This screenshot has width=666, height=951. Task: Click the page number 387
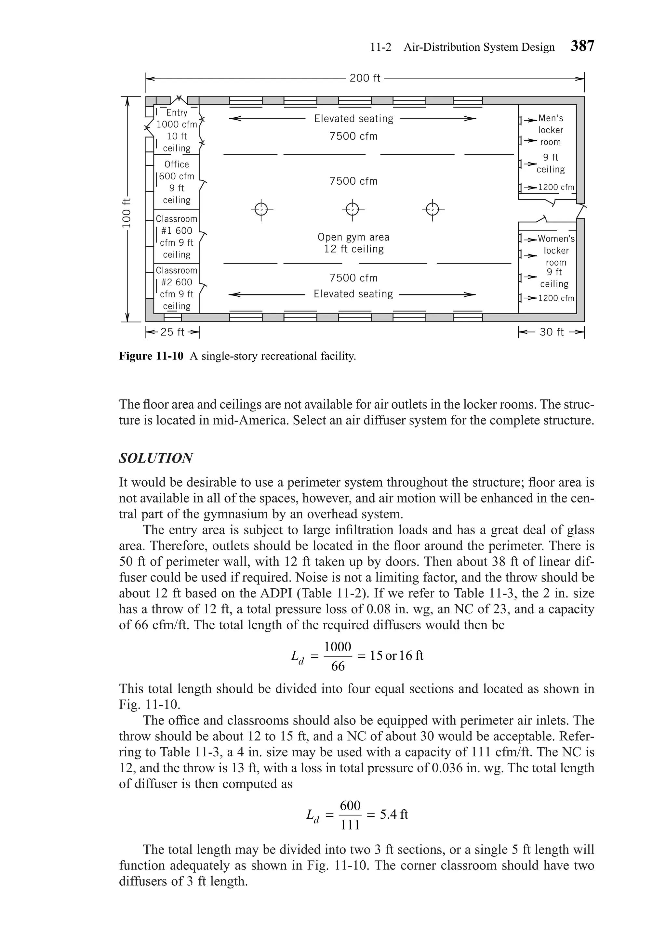click(x=582, y=46)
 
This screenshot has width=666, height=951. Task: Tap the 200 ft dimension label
click(x=365, y=78)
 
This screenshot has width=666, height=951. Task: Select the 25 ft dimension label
click(x=172, y=332)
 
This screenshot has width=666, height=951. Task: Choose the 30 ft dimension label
click(x=551, y=332)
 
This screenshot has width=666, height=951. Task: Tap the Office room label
click(x=177, y=164)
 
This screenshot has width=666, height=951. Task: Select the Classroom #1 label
click(x=177, y=225)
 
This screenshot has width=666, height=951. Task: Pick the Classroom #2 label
click(x=177, y=276)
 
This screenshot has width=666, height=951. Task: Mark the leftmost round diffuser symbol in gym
click(x=261, y=210)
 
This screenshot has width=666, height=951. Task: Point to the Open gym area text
click(x=353, y=237)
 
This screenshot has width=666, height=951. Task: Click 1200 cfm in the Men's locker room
click(x=556, y=187)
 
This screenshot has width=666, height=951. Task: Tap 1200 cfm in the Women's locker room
click(x=556, y=298)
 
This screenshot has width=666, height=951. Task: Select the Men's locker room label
click(x=550, y=130)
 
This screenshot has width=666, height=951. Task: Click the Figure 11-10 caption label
click(x=151, y=356)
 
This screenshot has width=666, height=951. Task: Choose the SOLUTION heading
click(x=156, y=459)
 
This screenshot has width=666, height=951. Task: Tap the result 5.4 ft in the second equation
click(x=394, y=814)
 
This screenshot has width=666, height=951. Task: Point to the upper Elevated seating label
click(x=353, y=119)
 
